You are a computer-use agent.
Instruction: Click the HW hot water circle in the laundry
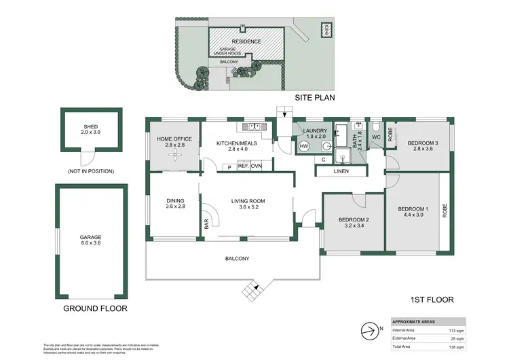(303, 146)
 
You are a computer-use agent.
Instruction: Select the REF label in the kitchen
(243, 166)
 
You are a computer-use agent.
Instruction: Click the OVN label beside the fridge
(257, 166)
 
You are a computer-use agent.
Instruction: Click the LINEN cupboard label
(342, 171)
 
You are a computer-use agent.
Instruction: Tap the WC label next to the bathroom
(375, 138)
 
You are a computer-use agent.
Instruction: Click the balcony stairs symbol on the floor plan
(252, 292)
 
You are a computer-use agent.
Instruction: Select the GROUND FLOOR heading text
(96, 308)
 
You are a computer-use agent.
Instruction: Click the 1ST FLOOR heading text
(431, 299)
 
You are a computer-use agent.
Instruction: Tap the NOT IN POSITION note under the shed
(90, 171)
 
